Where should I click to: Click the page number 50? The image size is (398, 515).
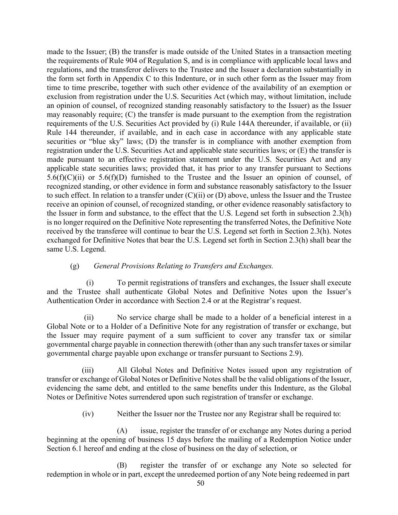point(200,483)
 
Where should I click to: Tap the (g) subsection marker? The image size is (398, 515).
point(74,266)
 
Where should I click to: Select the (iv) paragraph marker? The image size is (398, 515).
point(88,414)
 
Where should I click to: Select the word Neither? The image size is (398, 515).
point(129,414)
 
